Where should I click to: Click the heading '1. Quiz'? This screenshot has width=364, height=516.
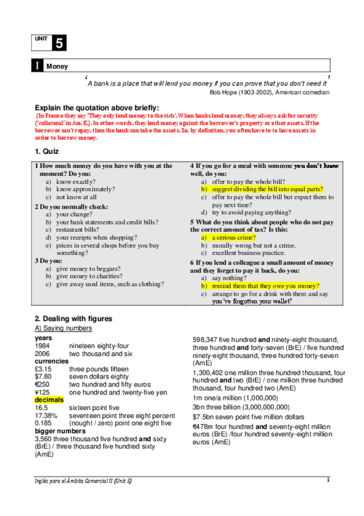(x=47, y=152)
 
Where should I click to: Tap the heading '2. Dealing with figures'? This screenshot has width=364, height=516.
(x=74, y=318)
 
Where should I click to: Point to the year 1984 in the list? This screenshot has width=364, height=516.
(x=43, y=346)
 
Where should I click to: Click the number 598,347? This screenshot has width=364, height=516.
(x=206, y=340)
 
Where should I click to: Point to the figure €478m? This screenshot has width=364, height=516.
(x=204, y=427)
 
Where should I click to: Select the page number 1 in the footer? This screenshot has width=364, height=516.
(x=328, y=480)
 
